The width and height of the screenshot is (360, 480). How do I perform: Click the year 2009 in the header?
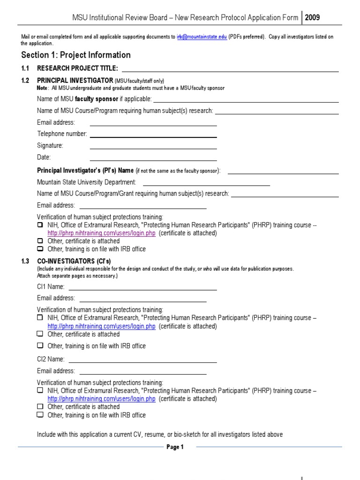[313, 18]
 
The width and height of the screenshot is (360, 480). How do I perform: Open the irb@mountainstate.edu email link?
[202, 37]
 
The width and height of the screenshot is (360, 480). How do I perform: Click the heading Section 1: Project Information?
[76, 55]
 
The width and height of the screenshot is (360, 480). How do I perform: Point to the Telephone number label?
[62, 134]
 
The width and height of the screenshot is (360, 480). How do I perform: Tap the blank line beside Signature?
[153, 148]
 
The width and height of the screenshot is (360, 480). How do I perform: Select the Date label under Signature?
[44, 157]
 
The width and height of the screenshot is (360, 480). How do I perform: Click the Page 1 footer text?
[175, 447]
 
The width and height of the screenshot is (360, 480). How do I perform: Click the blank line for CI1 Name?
[142, 289]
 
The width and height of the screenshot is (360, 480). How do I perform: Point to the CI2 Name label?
[51, 360]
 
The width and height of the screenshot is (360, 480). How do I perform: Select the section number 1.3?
[25, 261]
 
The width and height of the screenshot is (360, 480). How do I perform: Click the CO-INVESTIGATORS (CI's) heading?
[74, 261]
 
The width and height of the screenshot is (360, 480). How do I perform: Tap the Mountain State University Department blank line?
[206, 185]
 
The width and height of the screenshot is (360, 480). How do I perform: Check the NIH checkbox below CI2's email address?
[40, 390]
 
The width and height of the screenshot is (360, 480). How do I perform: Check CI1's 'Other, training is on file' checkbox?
[40, 345]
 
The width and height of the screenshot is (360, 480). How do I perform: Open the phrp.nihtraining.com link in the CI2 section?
[101, 399]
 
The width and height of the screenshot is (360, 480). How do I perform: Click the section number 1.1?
[25, 68]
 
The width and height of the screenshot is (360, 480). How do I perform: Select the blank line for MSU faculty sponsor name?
[246, 101]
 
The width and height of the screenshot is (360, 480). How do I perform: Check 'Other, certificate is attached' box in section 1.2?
[40, 241]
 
